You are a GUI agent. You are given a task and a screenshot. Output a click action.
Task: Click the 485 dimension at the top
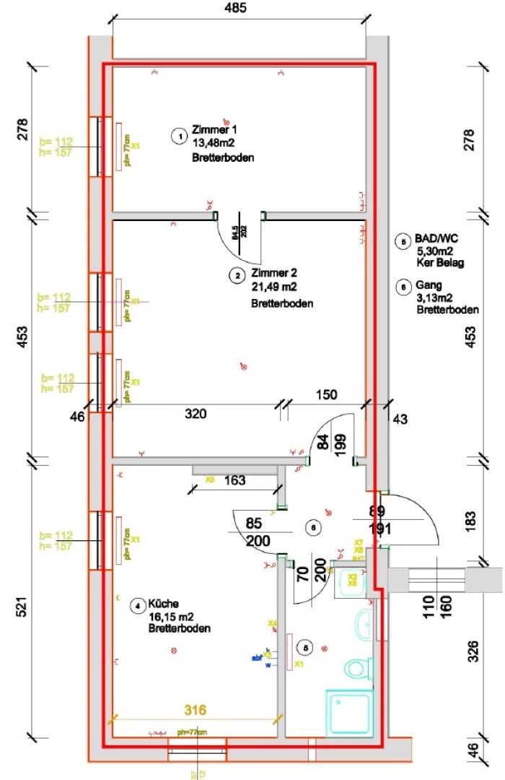235,9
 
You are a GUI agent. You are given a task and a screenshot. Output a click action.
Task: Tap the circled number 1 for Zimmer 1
178,135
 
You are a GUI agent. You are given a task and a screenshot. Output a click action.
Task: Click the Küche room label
163,603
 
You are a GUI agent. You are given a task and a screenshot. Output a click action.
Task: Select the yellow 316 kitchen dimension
196,711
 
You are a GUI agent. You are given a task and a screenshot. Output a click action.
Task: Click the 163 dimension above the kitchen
235,480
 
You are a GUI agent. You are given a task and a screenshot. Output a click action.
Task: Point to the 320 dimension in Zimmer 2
196,414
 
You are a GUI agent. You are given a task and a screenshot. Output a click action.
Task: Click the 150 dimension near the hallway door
328,394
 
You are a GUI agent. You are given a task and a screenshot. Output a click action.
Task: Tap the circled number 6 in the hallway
312,528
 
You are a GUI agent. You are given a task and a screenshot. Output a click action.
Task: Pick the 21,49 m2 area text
274,288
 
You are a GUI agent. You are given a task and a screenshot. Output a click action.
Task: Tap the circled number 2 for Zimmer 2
237,275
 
